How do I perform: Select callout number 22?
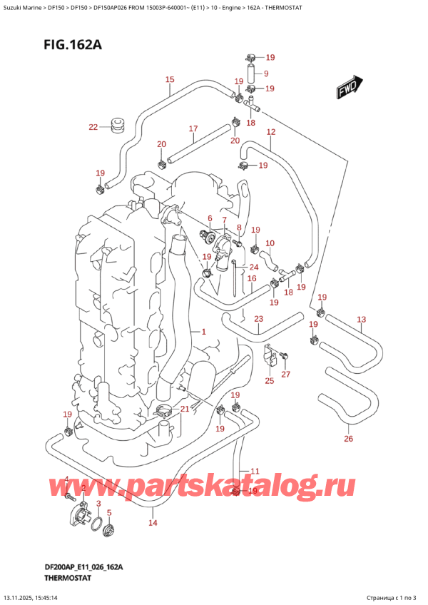(93, 128)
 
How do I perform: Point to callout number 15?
(169, 80)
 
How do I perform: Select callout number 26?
(348, 439)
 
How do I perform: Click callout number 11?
(255, 471)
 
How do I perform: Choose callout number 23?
(258, 319)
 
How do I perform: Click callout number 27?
(286, 374)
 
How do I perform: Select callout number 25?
(269, 382)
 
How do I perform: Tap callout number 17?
(193, 129)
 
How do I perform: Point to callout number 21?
(185, 408)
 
